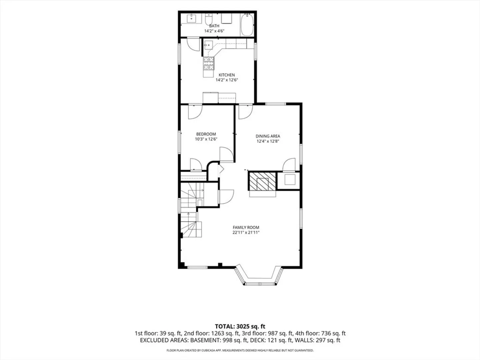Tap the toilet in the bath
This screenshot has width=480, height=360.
[209, 19]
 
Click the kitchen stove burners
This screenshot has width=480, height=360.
[209, 63]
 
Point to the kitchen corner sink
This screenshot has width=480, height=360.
[208, 45]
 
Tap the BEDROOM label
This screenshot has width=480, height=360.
[206, 134]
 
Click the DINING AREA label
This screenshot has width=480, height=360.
[268, 136]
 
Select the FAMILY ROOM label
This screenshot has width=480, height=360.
[246, 227]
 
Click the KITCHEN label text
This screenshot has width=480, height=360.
[227, 75]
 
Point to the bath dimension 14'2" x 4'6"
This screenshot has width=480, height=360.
[214, 31]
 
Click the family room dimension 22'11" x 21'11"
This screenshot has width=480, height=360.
[246, 232]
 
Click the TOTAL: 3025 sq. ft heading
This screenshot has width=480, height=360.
[240, 326]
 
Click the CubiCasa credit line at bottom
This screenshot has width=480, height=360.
[240, 350]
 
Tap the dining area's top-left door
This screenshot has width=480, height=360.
[246, 112]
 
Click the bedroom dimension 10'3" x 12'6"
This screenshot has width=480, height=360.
[206, 139]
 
